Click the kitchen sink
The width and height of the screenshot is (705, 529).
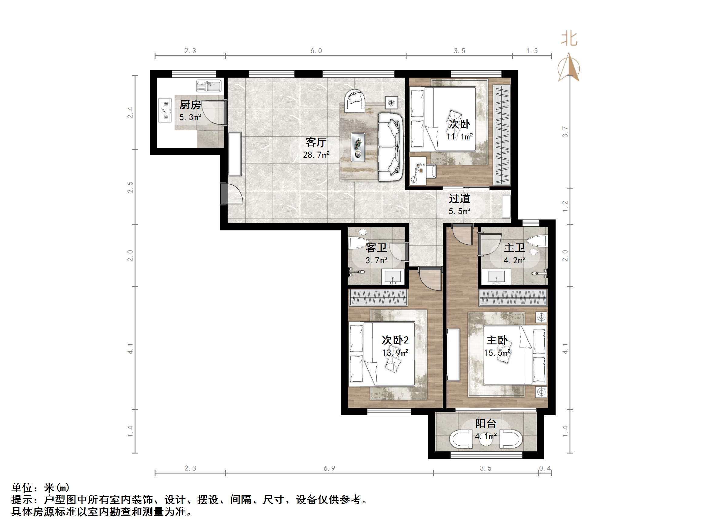[209, 86]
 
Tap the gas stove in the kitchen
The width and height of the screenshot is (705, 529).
[165, 110]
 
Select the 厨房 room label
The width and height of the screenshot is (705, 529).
[190, 105]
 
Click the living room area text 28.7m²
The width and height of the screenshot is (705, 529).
[316, 155]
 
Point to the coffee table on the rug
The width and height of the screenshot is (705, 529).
[358, 147]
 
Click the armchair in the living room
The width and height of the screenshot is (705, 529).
[354, 101]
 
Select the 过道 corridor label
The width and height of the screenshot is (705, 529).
[459, 199]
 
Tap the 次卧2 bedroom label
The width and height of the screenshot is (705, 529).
[395, 340]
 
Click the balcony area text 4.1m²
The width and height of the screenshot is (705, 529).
[486, 436]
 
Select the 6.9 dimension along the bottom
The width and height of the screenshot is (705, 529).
[329, 468]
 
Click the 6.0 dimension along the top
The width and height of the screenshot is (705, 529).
[316, 51]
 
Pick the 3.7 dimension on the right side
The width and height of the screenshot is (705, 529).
[565, 132]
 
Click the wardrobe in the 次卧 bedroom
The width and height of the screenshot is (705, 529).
[501, 135]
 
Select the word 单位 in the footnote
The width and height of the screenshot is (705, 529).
[22, 488]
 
